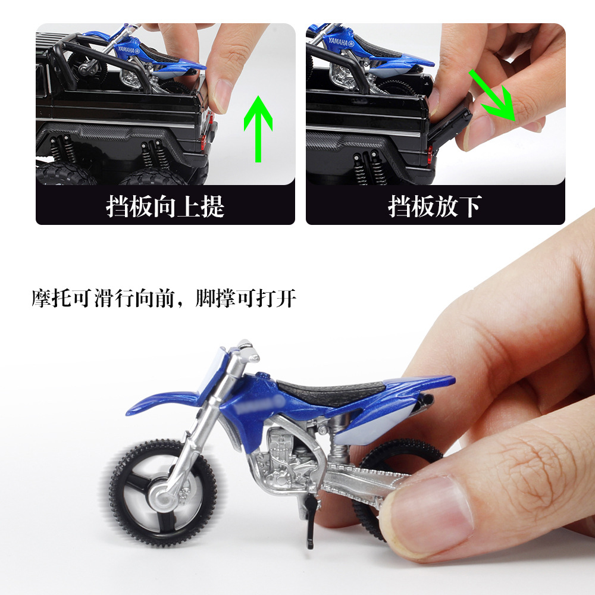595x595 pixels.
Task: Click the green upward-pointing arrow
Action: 258,129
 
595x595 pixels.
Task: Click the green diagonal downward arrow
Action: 493,95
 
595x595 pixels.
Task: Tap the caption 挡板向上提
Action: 165,206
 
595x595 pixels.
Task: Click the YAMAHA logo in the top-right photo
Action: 341,42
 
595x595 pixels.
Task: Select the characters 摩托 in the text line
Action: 52,298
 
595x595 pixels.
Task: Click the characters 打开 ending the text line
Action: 276,298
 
